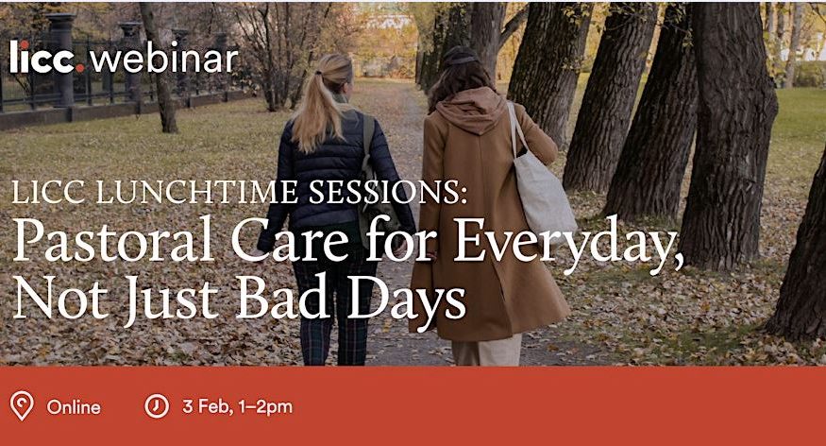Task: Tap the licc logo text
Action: pos(42,57)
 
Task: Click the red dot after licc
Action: pos(80,68)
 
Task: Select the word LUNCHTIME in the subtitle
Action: pos(197,192)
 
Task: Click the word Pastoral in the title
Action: pos(112,240)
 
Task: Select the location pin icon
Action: pos(22,406)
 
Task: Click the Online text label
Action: pos(74,407)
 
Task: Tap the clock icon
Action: pos(157,406)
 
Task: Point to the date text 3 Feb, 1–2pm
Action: pos(237,406)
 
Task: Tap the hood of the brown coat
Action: pos(470,111)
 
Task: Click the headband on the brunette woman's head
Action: pos(461,59)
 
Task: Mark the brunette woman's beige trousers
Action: pos(486,349)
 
